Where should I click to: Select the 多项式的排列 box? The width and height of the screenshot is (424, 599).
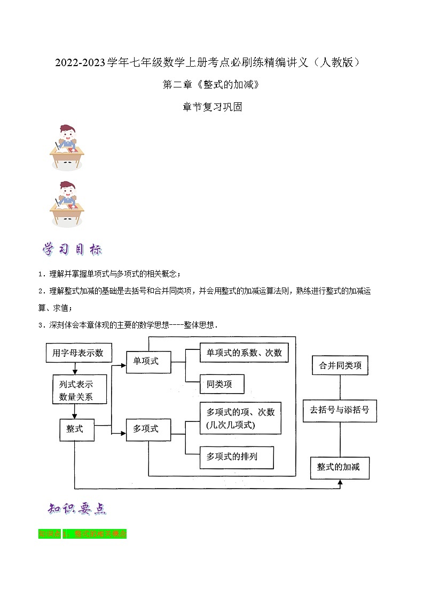235,457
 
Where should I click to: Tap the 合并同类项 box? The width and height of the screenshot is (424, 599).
340,366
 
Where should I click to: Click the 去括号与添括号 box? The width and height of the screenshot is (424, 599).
340,411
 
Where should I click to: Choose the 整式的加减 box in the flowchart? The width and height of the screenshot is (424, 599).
340,467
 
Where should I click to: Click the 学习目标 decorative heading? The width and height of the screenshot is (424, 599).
72,250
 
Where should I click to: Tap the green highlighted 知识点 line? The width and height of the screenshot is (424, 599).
82,533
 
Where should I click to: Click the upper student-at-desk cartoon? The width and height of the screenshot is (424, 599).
67,147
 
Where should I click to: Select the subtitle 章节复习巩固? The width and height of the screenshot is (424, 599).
212,107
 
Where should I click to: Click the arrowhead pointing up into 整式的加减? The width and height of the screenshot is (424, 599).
340,483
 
